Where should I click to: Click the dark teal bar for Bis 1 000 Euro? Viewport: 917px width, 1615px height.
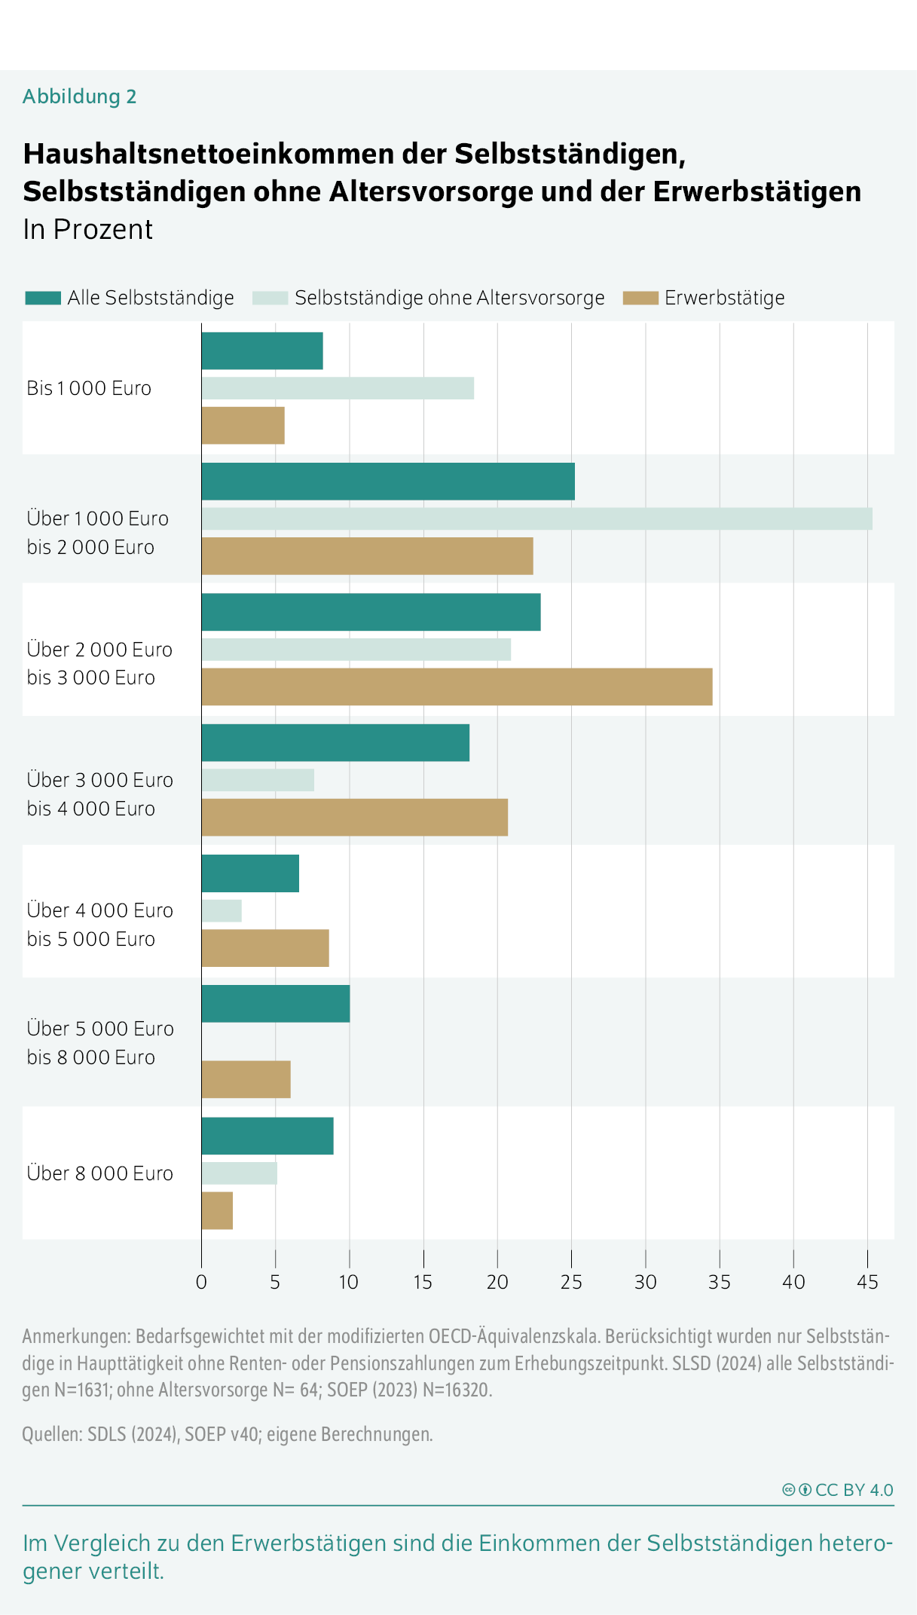click(261, 351)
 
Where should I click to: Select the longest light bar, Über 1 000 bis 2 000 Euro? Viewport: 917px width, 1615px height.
click(536, 518)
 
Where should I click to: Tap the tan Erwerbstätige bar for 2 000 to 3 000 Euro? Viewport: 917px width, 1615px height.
click(457, 687)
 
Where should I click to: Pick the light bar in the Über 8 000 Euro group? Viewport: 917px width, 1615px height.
click(239, 1173)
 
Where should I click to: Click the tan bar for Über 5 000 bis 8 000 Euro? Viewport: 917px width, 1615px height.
click(246, 1079)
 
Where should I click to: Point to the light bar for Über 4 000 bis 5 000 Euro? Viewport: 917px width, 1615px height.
click(222, 910)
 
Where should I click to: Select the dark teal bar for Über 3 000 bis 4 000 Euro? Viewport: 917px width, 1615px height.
click(335, 742)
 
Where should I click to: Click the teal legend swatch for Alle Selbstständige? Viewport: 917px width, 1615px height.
click(43, 298)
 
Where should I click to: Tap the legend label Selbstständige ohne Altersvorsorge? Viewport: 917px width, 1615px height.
click(449, 298)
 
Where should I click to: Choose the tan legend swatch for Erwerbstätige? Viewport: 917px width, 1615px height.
click(640, 298)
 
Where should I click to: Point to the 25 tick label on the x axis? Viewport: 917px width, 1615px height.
click(571, 1282)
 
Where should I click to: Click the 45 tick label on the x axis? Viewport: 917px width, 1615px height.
click(867, 1282)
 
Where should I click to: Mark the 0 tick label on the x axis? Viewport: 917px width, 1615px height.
click(201, 1282)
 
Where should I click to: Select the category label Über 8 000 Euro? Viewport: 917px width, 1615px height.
click(100, 1173)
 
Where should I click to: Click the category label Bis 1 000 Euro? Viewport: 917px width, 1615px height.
click(89, 388)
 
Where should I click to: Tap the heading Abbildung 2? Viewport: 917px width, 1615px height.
click(80, 96)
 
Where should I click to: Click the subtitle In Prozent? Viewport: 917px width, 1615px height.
click(88, 229)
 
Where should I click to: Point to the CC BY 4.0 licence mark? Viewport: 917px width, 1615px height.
click(838, 1490)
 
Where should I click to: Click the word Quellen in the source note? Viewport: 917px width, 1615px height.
click(51, 1434)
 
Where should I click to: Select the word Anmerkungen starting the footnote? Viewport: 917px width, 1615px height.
click(76, 1336)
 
